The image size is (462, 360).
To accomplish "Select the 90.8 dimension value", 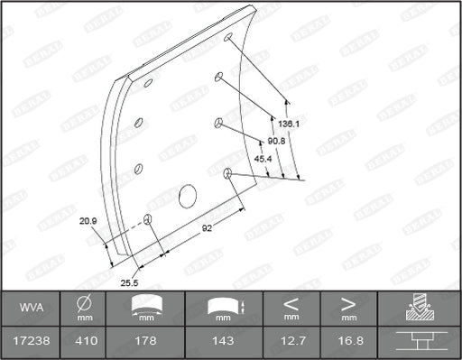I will [277, 141].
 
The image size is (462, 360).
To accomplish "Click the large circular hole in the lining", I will [189, 195].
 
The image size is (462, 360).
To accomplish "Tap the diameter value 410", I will [82, 341].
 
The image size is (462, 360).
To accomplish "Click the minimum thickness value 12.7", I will [291, 341].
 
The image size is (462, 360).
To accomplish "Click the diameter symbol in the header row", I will [82, 302].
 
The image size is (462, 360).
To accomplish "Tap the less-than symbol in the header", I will [291, 302].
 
